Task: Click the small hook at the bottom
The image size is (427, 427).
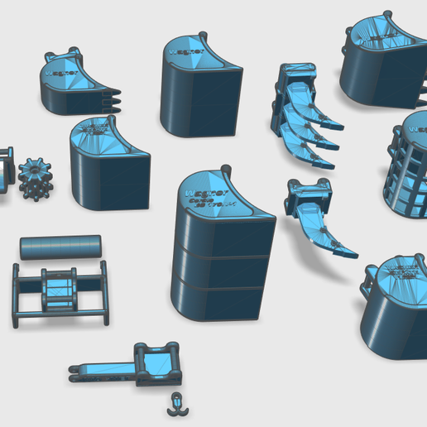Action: [x=175, y=404]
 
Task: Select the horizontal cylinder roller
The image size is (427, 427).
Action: [x=60, y=247]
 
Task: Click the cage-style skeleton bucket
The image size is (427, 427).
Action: [x=407, y=170]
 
